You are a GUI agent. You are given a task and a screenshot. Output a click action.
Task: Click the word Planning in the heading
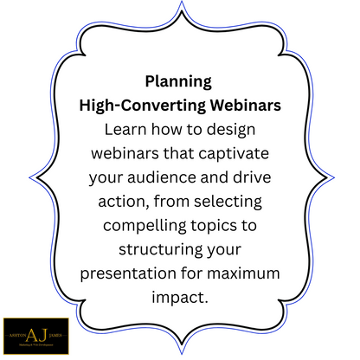pos(177,82)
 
